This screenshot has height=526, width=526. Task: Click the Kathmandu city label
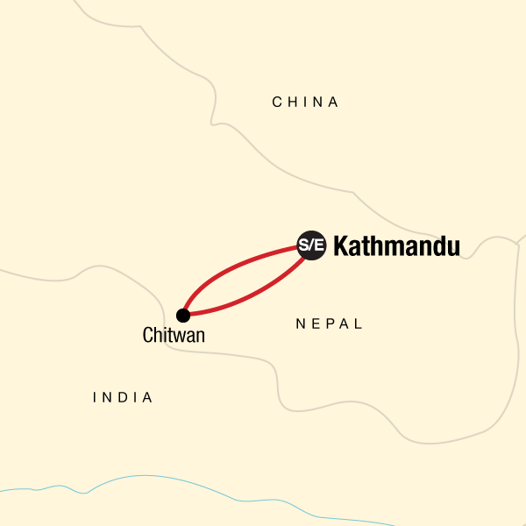[396, 246]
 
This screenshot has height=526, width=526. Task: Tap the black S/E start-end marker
[311, 245]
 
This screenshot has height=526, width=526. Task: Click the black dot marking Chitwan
[182, 315]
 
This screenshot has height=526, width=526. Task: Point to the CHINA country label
[305, 103]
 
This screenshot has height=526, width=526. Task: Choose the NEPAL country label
[330, 324]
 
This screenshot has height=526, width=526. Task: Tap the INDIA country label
[123, 398]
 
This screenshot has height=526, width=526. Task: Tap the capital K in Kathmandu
[342, 246]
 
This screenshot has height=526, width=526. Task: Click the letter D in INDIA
[124, 398]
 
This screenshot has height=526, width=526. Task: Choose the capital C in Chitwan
[146, 335]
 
